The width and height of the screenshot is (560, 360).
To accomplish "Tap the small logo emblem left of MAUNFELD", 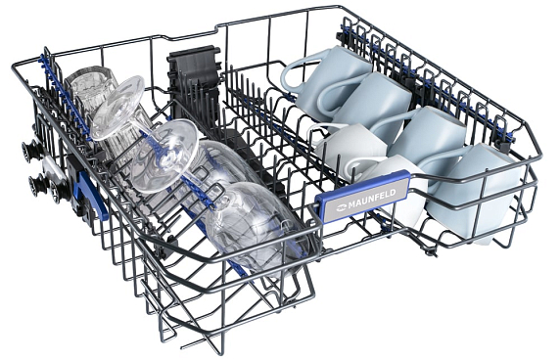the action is point(342,205).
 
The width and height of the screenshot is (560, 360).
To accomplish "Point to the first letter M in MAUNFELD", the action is point(351,203).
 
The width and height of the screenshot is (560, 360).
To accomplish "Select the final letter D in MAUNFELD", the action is point(393,193).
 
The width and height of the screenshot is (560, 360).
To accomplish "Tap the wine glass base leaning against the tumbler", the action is point(117,108).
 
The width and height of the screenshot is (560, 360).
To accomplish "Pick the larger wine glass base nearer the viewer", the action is point(165,156).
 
